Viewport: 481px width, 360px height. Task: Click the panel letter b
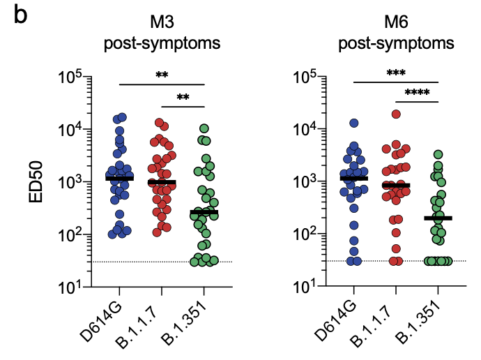[x=20, y=15]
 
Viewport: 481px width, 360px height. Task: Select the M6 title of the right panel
[x=396, y=25]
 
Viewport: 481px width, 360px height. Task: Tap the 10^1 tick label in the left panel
[x=74, y=287]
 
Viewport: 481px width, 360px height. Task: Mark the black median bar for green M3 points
[x=204, y=211]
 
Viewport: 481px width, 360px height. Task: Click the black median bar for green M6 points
[x=438, y=218]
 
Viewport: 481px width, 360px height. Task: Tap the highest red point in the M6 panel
[x=396, y=114]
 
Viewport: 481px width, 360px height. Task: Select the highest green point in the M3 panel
[x=204, y=128]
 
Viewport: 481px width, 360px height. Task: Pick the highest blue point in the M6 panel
[x=354, y=123]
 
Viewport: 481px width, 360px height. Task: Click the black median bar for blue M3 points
[x=120, y=179]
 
